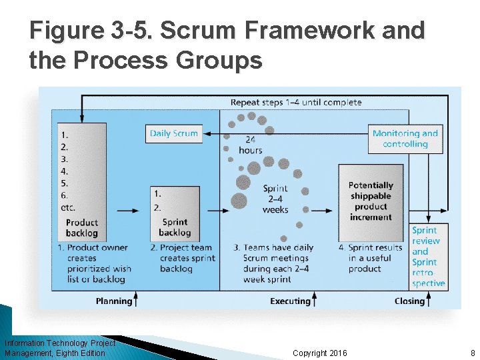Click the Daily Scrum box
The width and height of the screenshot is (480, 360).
point(174,133)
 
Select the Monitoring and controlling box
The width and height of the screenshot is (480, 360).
point(405,139)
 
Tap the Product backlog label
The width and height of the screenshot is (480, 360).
point(82,228)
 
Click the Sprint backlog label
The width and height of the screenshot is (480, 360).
point(175,227)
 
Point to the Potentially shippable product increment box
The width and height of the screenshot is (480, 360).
point(371,201)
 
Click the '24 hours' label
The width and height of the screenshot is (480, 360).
point(250,145)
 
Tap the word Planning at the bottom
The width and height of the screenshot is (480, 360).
point(113,301)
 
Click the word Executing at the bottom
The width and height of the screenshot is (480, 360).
point(290,301)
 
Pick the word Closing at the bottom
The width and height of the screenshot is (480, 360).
point(409,301)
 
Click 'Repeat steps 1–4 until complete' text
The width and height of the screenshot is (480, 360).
point(296,103)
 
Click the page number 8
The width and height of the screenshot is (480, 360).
point(472,353)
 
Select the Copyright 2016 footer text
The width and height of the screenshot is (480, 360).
point(320,353)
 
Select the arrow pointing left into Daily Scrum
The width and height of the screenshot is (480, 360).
point(213,133)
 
